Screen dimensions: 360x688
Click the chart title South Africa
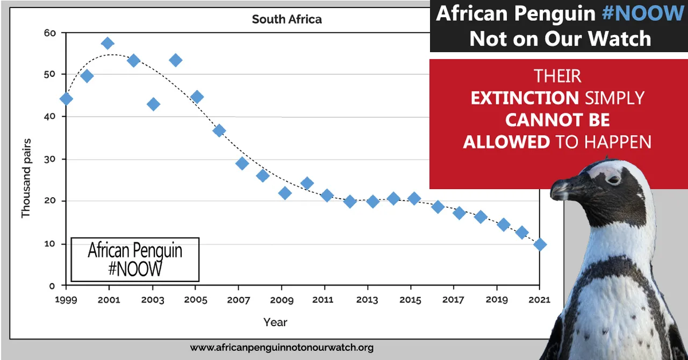point(286,20)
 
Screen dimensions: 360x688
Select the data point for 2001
point(108,44)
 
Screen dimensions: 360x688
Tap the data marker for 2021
point(540,244)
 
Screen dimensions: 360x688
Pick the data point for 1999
point(66,99)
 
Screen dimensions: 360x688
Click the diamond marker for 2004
point(175,60)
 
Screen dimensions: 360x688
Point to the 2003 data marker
point(154,104)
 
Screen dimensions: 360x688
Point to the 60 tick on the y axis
point(49,33)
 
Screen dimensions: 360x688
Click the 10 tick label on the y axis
point(49,244)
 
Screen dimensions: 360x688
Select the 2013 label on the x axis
point(367,299)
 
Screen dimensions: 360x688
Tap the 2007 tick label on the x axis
point(238,299)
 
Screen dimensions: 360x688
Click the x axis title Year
point(275,322)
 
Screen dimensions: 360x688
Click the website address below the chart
point(282,348)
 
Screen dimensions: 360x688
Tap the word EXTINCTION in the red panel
point(525,98)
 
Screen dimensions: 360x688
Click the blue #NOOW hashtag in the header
point(643,13)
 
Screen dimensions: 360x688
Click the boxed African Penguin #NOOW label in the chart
point(135,260)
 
